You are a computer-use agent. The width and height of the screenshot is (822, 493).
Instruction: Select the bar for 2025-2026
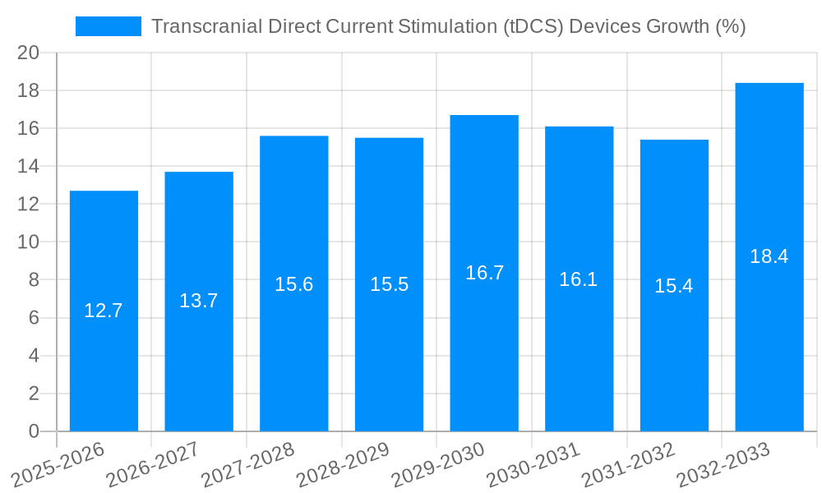pos(104,345)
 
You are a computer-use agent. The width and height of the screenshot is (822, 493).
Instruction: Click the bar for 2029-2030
pos(484,329)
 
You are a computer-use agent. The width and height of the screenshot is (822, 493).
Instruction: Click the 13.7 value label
pos(199,301)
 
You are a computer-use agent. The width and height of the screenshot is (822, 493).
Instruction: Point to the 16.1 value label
pos(579,279)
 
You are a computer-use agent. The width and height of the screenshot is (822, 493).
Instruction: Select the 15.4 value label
pos(674,286)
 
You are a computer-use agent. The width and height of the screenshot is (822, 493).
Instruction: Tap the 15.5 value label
pos(389,284)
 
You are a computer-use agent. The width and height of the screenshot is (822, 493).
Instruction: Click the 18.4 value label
pos(769,256)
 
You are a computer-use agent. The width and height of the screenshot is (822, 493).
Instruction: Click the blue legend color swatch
pos(108,26)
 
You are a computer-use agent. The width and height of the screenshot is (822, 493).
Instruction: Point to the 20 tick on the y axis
pos(29,53)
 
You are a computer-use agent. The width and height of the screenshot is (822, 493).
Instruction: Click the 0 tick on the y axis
pos(34,431)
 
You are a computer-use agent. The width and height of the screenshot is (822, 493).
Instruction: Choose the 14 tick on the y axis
pos(29,166)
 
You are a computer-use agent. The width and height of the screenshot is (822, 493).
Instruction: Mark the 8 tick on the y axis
pos(34,280)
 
